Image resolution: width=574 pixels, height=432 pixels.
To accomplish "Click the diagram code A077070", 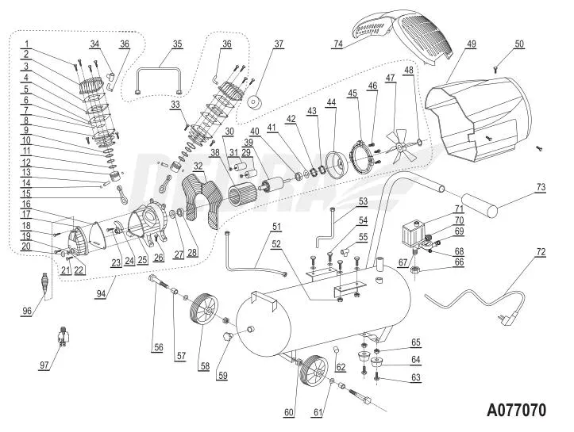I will tap(516, 411).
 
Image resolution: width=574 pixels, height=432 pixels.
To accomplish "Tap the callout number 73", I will tap(541, 187).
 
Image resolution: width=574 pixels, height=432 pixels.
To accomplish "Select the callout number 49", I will tap(472, 44).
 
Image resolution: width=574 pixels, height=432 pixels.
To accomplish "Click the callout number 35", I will tap(177, 44).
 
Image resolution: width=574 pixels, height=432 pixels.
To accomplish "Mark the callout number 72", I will tap(541, 252).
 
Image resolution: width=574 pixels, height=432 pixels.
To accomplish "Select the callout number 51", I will tap(276, 227).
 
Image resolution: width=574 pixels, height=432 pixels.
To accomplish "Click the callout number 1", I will tap(26, 44).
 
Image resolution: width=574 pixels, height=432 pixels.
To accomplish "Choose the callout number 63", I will tap(414, 379).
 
